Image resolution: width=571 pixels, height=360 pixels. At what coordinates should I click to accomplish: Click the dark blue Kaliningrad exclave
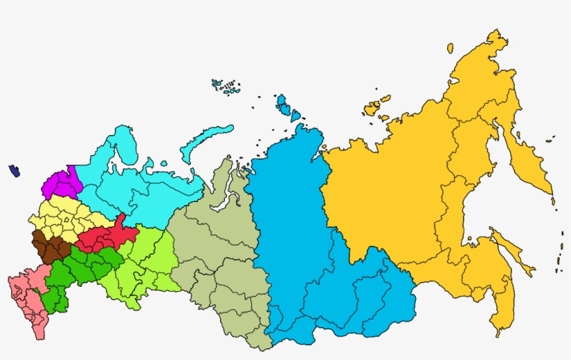14,170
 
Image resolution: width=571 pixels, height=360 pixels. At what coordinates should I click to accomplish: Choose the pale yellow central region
66,216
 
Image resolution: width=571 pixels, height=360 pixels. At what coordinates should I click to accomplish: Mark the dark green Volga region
77,268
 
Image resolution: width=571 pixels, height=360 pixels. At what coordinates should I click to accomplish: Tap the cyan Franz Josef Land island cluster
226,86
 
